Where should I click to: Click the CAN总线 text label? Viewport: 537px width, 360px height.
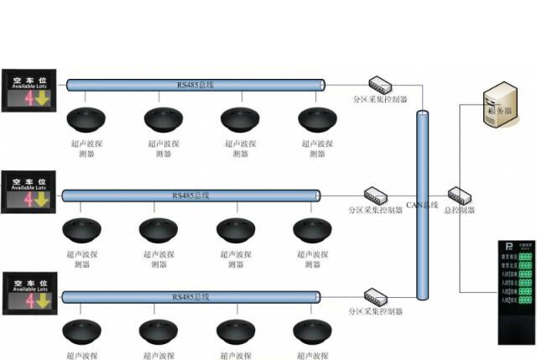[x=422, y=205]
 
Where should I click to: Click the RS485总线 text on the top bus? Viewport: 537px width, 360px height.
[x=195, y=84]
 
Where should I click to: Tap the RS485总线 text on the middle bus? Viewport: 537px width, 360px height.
[x=190, y=196]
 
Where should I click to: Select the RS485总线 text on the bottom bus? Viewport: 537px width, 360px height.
[x=190, y=297]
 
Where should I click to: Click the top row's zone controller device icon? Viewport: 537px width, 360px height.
[x=380, y=83]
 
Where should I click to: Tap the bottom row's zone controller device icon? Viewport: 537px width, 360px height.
[x=374, y=295]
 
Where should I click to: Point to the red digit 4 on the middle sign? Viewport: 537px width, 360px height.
[x=28, y=200]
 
